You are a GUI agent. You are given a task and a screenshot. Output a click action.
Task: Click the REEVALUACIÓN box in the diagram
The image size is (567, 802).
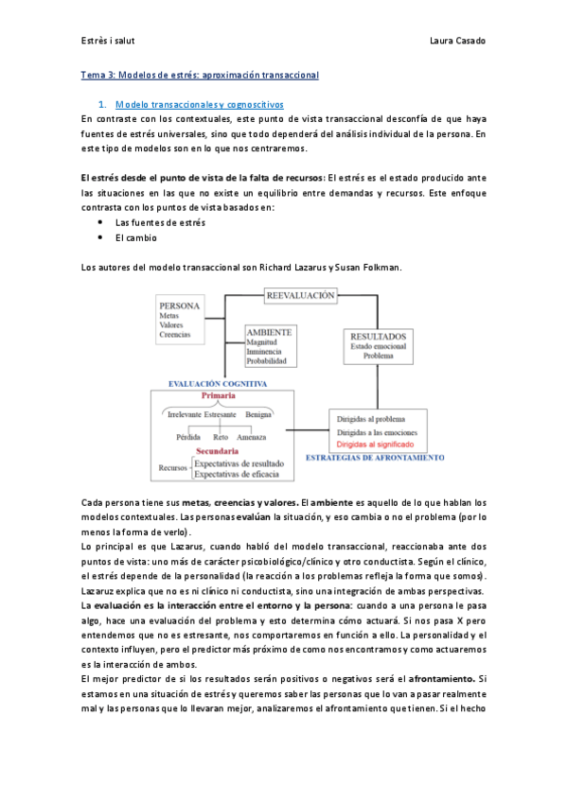point(301,295)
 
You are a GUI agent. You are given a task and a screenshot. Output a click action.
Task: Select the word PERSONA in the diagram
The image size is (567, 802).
point(179,305)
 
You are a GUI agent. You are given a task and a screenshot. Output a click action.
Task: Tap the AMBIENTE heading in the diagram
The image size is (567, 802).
point(269,332)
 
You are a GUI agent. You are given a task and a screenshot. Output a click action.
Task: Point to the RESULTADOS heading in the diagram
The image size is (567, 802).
point(379,337)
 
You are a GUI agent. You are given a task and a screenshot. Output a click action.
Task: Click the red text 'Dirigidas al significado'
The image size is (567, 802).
point(378,442)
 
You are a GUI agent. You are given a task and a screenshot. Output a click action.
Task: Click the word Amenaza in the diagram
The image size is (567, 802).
point(252,438)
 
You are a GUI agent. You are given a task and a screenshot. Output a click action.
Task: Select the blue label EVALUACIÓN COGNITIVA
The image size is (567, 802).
point(217,384)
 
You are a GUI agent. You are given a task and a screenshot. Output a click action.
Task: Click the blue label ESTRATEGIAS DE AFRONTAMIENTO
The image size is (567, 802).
point(374,458)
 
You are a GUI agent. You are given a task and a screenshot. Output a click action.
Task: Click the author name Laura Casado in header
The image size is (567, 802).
point(457,40)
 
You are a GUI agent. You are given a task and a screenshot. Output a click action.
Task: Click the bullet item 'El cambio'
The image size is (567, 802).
point(136,238)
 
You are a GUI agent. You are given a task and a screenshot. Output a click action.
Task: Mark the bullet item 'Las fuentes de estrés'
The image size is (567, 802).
point(160,222)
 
